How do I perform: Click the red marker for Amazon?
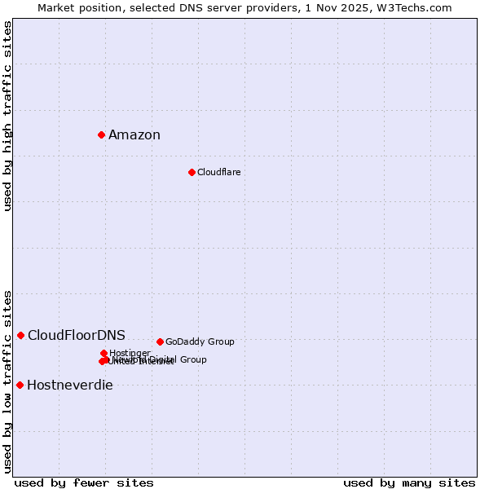[101, 134]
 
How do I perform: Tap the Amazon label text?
[134, 135]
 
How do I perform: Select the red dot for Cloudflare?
[192, 172]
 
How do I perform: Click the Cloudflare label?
[218, 173]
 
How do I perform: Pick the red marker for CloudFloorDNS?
[20, 335]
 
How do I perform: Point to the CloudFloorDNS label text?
[77, 336]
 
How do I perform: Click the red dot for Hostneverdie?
[20, 385]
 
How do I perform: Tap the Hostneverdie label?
[70, 385]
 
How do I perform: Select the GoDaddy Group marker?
[160, 341]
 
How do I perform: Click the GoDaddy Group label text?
[200, 342]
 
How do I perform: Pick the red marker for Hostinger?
[104, 353]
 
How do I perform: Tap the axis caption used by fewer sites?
[84, 483]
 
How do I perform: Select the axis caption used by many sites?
[409, 483]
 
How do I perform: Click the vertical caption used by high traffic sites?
[7, 116]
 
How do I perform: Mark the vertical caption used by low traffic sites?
[7, 381]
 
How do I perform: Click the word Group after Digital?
[193, 359]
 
